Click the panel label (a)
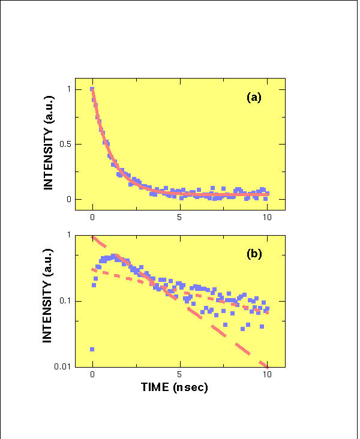(x=254, y=97)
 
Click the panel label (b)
(x=254, y=254)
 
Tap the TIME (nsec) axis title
(x=175, y=387)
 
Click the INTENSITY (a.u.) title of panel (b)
(x=49, y=300)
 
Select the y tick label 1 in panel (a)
(x=68, y=89)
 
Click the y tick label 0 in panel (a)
(x=68, y=199)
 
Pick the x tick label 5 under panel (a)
(x=180, y=217)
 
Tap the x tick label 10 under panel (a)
(x=267, y=217)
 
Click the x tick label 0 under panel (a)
(x=92, y=217)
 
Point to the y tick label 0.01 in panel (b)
(x=61, y=366)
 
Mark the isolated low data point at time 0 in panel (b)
(x=92, y=349)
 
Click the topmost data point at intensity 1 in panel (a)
(x=92, y=89)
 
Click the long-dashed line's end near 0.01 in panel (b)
(x=266, y=365)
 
